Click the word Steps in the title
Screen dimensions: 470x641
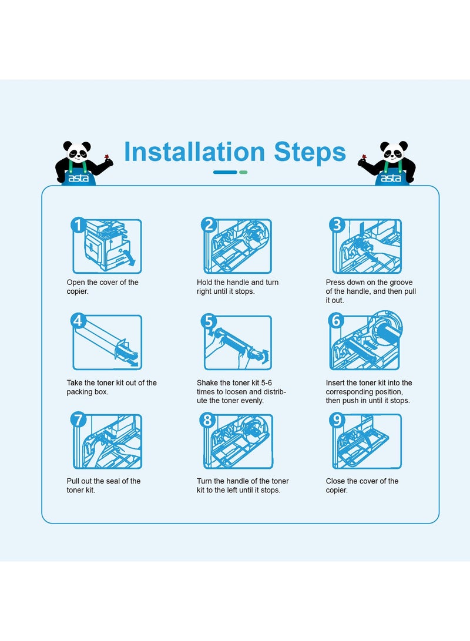[310, 153]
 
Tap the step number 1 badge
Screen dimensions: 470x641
[78, 225]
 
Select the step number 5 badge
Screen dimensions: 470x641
[209, 321]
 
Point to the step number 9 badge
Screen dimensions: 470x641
[337, 420]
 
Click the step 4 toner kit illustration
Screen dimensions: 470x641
[107, 342]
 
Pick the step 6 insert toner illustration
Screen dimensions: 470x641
[365, 341]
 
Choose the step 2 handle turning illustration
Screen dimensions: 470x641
[237, 246]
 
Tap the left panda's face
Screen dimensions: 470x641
[77, 151]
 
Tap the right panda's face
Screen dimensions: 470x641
[393, 151]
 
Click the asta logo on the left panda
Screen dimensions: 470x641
[79, 178]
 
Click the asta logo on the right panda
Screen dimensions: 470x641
[391, 178]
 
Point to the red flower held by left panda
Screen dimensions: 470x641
[107, 157]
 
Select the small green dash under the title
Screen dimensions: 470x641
[243, 172]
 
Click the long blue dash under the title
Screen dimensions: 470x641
[225, 172]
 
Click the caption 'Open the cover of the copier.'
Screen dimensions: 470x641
[103, 287]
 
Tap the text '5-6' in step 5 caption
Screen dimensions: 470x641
[267, 382]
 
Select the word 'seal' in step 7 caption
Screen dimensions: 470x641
[111, 481]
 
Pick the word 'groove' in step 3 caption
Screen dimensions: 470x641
[401, 283]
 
